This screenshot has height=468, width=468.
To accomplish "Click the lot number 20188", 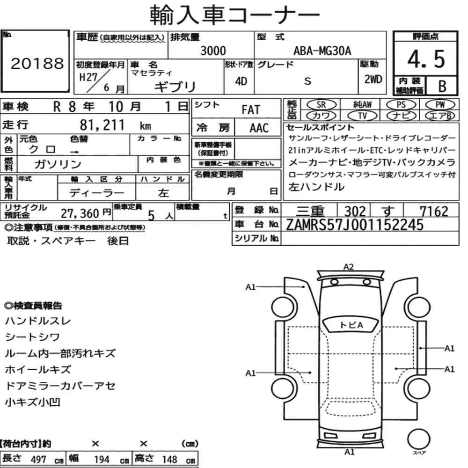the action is (37, 64).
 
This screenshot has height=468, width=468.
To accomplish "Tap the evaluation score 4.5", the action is (426, 59).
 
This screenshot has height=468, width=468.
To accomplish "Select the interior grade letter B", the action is (442, 86).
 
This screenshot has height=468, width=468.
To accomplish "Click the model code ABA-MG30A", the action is (322, 51).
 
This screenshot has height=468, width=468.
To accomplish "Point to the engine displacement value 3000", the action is (213, 51).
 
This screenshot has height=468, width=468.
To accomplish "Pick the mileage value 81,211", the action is (102, 125).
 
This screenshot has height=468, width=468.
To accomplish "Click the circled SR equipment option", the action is (322, 105).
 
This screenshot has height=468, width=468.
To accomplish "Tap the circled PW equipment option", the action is (440, 105).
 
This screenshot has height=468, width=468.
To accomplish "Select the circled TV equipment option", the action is (362, 116).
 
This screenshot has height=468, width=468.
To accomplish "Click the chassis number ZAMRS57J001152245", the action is (355, 225).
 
